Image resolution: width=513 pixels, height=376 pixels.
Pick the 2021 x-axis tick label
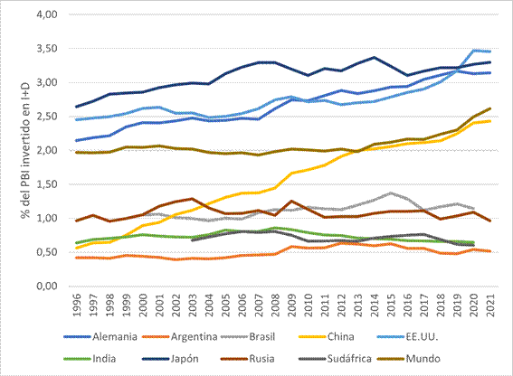(x=490, y=305)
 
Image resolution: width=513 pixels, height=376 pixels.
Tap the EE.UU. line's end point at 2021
(x=490, y=52)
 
